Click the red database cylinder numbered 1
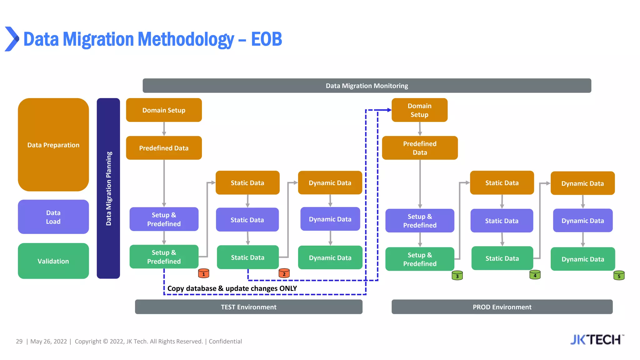point(204,273)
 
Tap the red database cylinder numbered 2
point(284,273)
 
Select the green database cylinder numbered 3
point(457,275)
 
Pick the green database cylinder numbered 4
point(535,275)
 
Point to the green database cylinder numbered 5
point(619,275)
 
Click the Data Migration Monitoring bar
point(367,86)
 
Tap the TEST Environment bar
point(248,307)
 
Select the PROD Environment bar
point(502,307)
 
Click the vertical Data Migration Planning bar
point(108,188)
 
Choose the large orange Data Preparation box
point(53,145)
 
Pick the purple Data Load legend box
point(53,217)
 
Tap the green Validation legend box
point(53,261)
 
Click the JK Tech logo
point(597,340)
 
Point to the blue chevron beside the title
point(12,39)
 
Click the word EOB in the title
point(266,39)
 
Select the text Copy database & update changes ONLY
point(232,288)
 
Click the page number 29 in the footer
point(19,342)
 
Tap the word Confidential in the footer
point(225,342)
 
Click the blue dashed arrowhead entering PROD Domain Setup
point(389,110)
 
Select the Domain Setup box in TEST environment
point(164,110)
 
